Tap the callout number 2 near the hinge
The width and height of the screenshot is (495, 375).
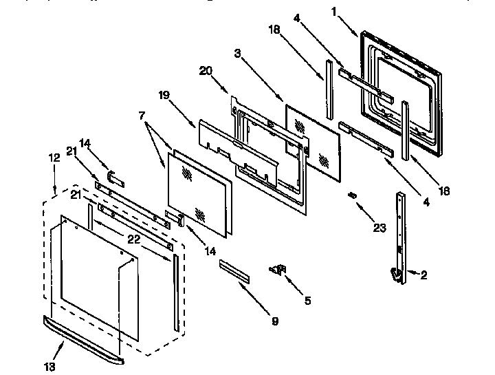(x=423, y=275)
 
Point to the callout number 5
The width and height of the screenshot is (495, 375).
(x=307, y=300)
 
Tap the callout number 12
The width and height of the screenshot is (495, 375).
(x=53, y=158)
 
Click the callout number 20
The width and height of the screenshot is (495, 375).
(x=205, y=70)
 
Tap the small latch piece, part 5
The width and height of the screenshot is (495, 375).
(x=279, y=270)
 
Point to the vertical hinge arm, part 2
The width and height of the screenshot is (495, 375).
(x=400, y=234)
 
